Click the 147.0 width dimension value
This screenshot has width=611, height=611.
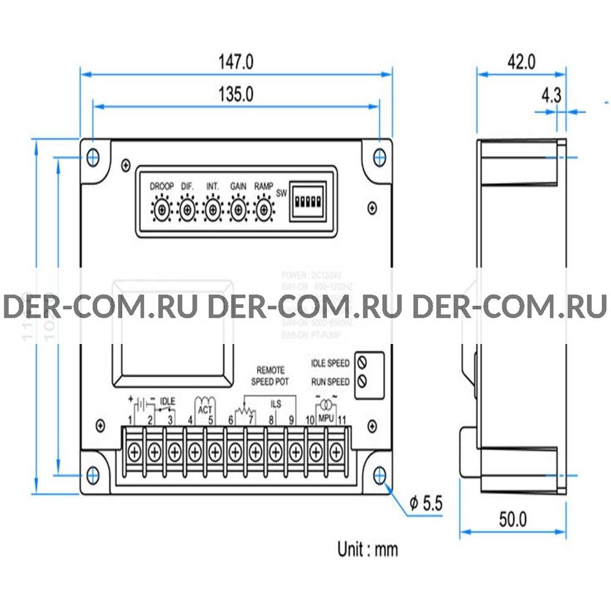coord(236,62)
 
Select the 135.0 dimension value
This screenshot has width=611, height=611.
coord(236,94)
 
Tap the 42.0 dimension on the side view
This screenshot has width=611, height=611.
coord(521,62)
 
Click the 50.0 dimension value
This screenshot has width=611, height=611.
coord(513,519)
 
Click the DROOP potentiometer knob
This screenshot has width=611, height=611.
coord(161,210)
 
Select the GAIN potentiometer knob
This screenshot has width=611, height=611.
coord(238,210)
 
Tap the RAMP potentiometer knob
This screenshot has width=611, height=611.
coord(263,210)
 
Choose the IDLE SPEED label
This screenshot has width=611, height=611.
coord(330,364)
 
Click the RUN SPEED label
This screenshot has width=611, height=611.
coord(330,382)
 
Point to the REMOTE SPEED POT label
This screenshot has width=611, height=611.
coord(270,376)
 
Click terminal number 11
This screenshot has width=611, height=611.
coord(342,420)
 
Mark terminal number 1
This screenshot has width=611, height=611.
coord(131,420)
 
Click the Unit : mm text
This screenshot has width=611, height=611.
coord(367,549)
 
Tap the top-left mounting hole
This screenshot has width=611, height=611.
coord(93,156)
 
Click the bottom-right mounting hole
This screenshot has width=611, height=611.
coord(379,474)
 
